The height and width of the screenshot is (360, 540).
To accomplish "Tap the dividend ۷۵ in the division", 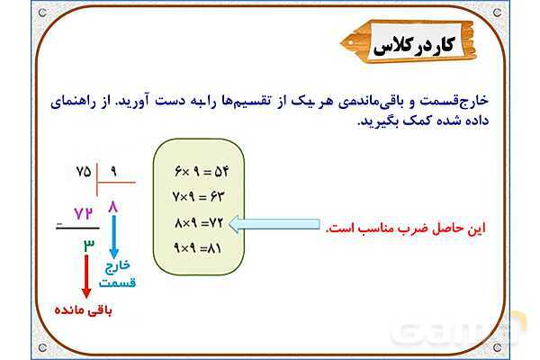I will pos(84,171).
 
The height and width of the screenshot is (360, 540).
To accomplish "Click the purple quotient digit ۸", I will pos(112,209).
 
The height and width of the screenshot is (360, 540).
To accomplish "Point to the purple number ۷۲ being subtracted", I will pos(84,213).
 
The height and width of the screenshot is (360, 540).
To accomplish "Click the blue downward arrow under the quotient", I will pos(112,240).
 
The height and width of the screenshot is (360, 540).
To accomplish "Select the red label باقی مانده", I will pos(85,310).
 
